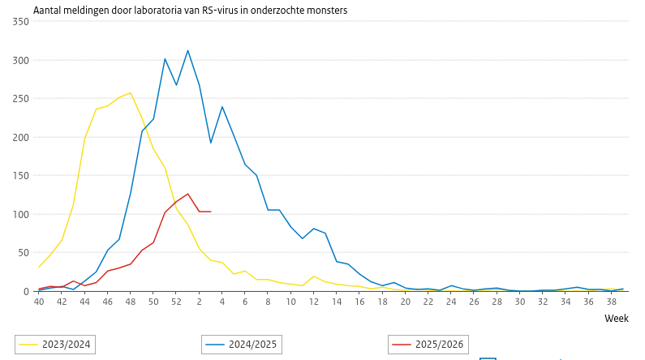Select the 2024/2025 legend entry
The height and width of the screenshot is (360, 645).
[x=240, y=345]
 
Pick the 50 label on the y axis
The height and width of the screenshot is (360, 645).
[x=24, y=253]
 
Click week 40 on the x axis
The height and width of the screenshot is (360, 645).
[x=39, y=302]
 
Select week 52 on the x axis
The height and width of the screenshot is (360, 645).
[x=176, y=302]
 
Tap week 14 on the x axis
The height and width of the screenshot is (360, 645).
[x=336, y=302]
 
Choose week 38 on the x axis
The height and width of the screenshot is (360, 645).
[x=611, y=302]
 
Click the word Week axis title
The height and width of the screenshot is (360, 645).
[x=616, y=319]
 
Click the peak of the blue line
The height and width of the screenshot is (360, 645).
[x=187, y=50]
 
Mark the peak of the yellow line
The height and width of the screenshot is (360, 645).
[x=131, y=92]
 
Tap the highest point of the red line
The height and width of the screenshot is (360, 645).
[x=187, y=194]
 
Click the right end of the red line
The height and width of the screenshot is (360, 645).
[x=211, y=212]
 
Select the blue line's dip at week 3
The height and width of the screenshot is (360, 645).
[x=211, y=144]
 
